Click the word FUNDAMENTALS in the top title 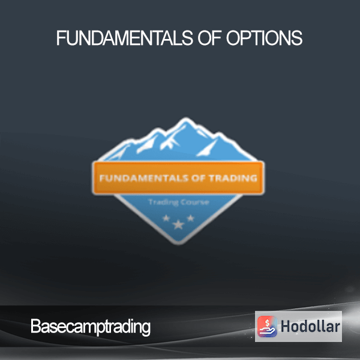125,38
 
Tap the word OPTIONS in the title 264,38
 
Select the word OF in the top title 209,38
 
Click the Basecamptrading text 91,327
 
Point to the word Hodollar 310,326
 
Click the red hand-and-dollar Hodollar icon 267,326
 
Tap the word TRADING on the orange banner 233,178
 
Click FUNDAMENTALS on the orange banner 144,178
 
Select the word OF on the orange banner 199,178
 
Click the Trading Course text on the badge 179,202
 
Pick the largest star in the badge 178,225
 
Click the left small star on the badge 166,218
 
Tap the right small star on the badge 191,218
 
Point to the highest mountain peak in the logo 185,119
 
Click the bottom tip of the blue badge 179,244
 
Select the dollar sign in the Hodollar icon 267,323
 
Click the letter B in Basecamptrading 35,326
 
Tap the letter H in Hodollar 286,326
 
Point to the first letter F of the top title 61,38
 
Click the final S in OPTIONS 298,38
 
